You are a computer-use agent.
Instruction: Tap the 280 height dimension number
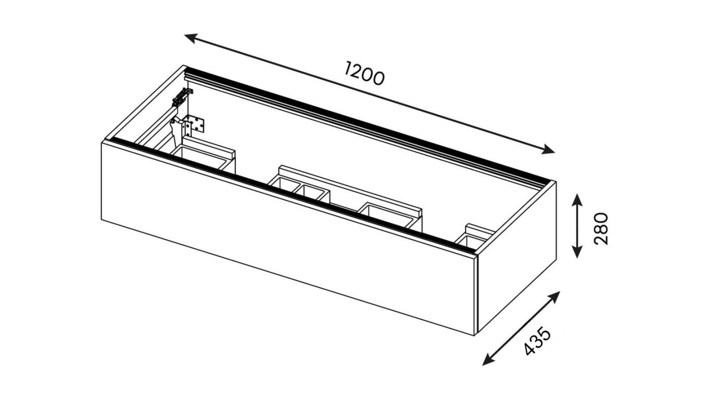[601, 229]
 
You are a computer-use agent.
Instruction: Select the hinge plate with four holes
[195, 124]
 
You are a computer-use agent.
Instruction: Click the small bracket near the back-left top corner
[182, 97]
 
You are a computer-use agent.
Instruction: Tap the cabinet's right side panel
[517, 276]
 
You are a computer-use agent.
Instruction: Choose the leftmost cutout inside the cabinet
[204, 157]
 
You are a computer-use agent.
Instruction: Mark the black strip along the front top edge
[290, 193]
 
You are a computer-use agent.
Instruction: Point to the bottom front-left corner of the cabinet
[102, 221]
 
